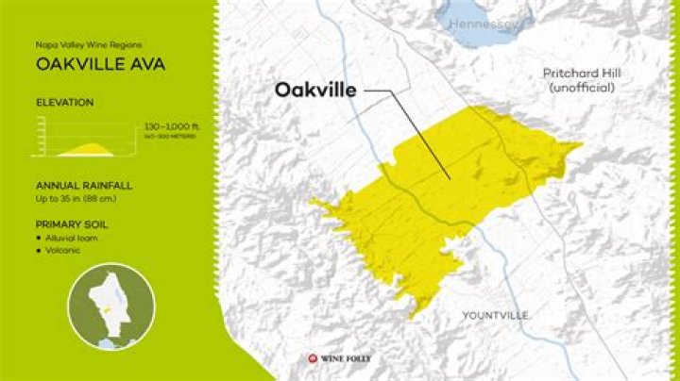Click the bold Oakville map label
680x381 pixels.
(x=315, y=91)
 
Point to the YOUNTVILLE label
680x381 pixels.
(x=495, y=314)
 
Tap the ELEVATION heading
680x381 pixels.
(x=64, y=101)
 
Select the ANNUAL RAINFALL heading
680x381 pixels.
(x=80, y=186)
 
